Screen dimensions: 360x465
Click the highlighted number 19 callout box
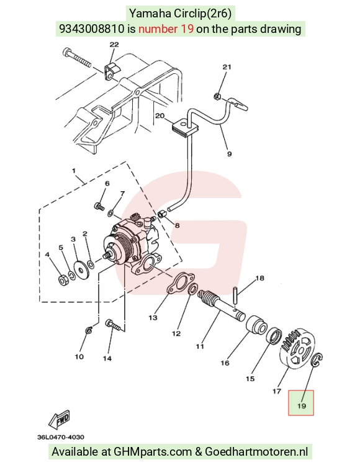[x=301, y=402]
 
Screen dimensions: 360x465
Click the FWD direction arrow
[x=60, y=420]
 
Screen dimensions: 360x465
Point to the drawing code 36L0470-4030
[x=61, y=437]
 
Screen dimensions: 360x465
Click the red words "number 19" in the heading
[x=166, y=29]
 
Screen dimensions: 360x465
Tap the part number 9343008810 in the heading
[x=92, y=29]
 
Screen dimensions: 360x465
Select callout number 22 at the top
[x=114, y=45]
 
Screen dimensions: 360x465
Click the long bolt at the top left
[x=77, y=58]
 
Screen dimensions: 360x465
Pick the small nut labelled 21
[x=217, y=96]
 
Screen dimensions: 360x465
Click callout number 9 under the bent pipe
[x=229, y=154]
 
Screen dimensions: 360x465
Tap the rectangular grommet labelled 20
[x=184, y=128]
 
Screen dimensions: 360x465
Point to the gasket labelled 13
[x=180, y=283]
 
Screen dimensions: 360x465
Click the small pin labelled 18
[x=236, y=294]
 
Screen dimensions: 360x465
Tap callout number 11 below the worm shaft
[x=200, y=346]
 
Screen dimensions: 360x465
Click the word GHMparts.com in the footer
[x=153, y=452]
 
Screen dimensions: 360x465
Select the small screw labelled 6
[x=99, y=206]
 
